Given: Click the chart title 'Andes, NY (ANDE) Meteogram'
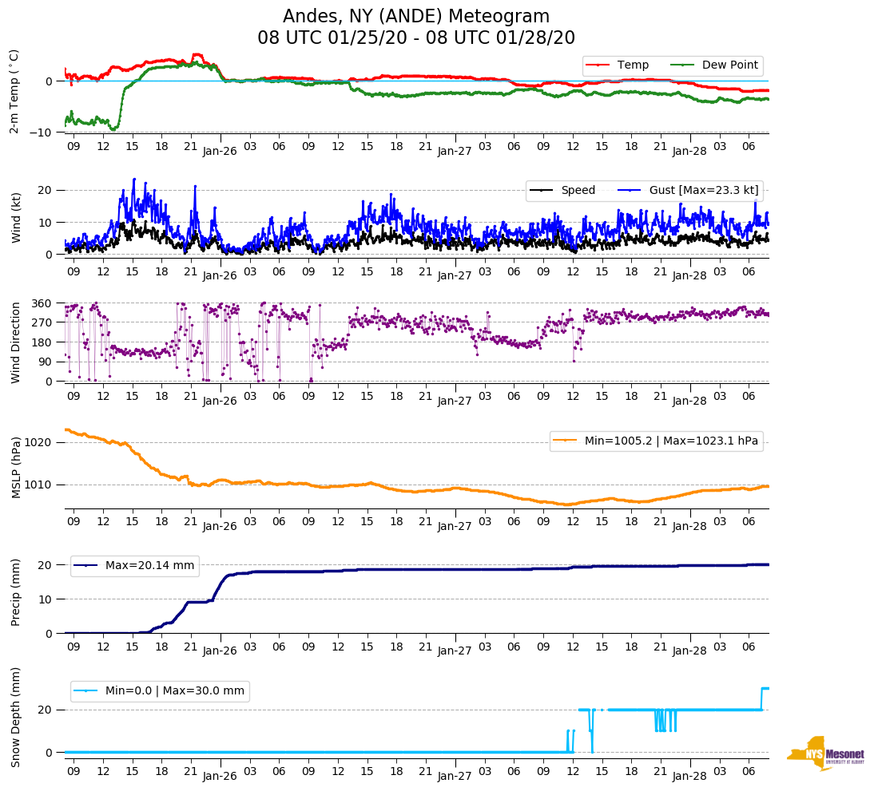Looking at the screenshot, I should pos(416,17).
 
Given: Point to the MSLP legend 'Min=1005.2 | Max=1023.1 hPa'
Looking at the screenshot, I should pos(656,441).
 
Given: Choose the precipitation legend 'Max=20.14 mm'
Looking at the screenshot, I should pos(135,566).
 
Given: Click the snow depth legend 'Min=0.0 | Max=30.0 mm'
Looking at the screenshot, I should pos(160,691).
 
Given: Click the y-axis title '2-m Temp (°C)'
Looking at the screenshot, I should pos(14,91).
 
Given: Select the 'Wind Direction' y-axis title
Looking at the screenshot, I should pos(14,342).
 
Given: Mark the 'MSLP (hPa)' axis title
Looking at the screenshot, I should pos(14,468).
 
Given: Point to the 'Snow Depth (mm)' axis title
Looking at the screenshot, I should pos(14,718).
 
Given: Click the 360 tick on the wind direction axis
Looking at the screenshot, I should pos(42,303).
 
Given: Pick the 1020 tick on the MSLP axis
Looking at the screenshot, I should pos(39,442).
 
